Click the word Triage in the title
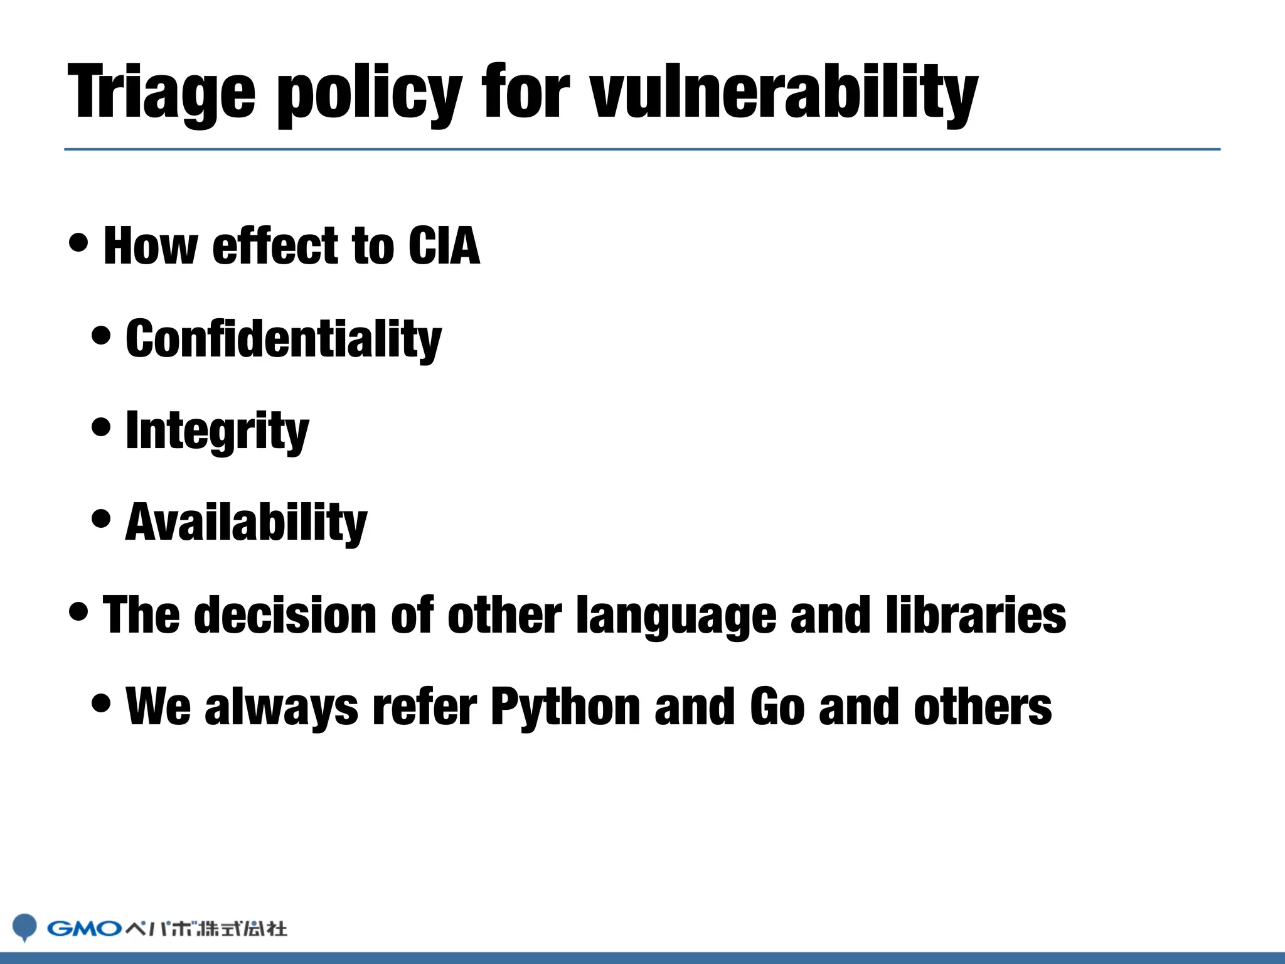[x=162, y=93]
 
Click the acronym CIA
[x=444, y=246]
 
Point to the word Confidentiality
[x=284, y=339]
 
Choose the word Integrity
[x=217, y=431]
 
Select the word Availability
[x=246, y=523]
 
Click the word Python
[x=565, y=707]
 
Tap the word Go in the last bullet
[x=777, y=707]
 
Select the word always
[x=281, y=707]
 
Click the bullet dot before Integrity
[x=101, y=427]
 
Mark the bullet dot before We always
[x=101, y=703]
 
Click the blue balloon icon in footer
[x=25, y=926]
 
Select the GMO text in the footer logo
[x=84, y=928]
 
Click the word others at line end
[x=983, y=707]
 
